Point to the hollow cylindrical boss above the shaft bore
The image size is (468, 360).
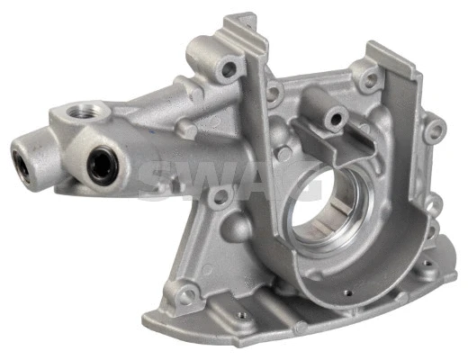pyautogui.click(x=332, y=115)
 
